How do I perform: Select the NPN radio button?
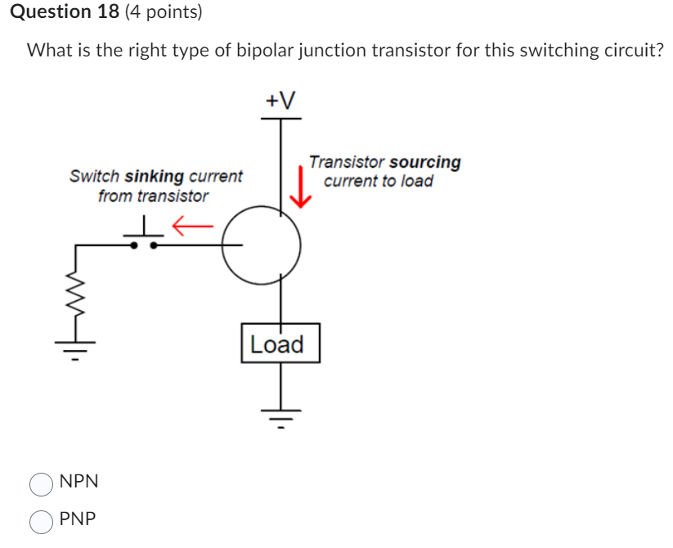tap(41, 484)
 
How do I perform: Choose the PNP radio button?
tap(41, 521)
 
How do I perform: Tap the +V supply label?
tap(280, 100)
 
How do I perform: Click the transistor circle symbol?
tap(262, 245)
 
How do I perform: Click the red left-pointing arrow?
tap(195, 222)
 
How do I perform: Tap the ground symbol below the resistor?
tap(77, 348)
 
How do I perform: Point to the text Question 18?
tap(65, 12)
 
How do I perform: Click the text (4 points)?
tap(164, 12)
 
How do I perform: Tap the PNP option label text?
tap(78, 519)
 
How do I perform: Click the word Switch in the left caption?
tap(95, 176)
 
